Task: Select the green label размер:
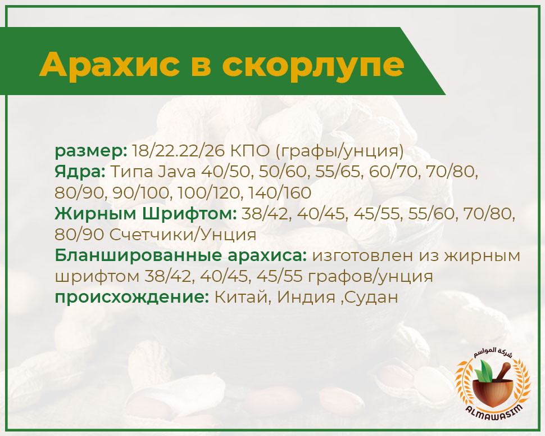tap(91, 151)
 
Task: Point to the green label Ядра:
tap(80, 172)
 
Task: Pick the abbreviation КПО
tap(249, 151)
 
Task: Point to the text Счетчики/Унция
tap(183, 235)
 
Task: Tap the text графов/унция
tap(370, 277)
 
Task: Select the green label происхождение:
tap(131, 298)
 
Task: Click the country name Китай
tap(243, 298)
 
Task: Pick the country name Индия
tap(306, 298)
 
